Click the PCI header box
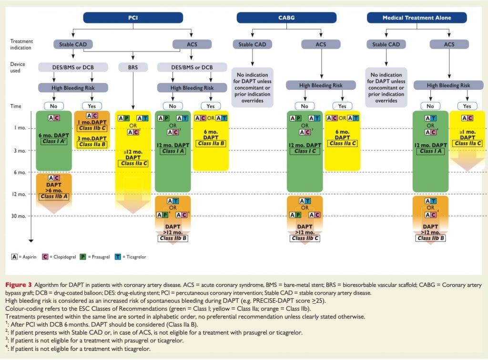(133, 18)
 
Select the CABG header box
(287, 18)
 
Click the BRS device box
(133, 67)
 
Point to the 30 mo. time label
(19, 216)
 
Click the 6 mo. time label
(20, 172)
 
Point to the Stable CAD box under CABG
(253, 44)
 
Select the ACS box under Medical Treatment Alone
(448, 44)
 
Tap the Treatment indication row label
(22, 44)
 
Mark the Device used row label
(18, 67)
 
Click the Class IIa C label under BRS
(134, 163)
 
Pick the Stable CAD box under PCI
(72, 44)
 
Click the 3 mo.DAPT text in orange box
(92, 138)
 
